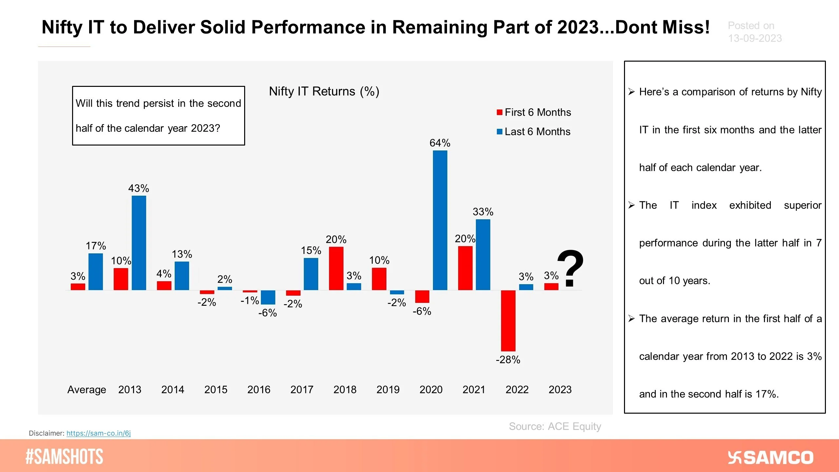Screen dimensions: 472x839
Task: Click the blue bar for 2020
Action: click(x=440, y=220)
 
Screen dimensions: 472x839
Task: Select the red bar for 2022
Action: click(x=508, y=320)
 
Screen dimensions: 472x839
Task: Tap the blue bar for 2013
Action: click(x=139, y=243)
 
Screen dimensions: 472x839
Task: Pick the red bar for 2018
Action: click(x=336, y=268)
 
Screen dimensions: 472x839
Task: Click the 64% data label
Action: click(x=440, y=143)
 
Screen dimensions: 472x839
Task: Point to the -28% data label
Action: click(x=508, y=360)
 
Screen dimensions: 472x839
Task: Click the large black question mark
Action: click(x=570, y=268)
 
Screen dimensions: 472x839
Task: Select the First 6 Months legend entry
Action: click(x=534, y=112)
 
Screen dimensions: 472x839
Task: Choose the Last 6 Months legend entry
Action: click(x=534, y=132)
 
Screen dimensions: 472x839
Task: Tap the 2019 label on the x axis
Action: click(x=388, y=389)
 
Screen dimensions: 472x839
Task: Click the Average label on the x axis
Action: click(x=87, y=389)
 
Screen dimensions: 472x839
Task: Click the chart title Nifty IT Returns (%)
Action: click(x=324, y=91)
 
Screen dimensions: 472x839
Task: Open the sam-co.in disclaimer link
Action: click(x=98, y=433)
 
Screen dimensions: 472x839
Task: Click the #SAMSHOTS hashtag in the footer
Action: click(x=64, y=457)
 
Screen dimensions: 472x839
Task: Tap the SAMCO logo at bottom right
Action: click(x=771, y=458)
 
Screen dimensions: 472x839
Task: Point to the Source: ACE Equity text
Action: click(x=555, y=426)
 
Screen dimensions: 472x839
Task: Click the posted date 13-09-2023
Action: click(x=755, y=38)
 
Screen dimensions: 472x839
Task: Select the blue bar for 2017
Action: click(x=311, y=274)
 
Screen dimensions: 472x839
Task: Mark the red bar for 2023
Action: click(x=551, y=286)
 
